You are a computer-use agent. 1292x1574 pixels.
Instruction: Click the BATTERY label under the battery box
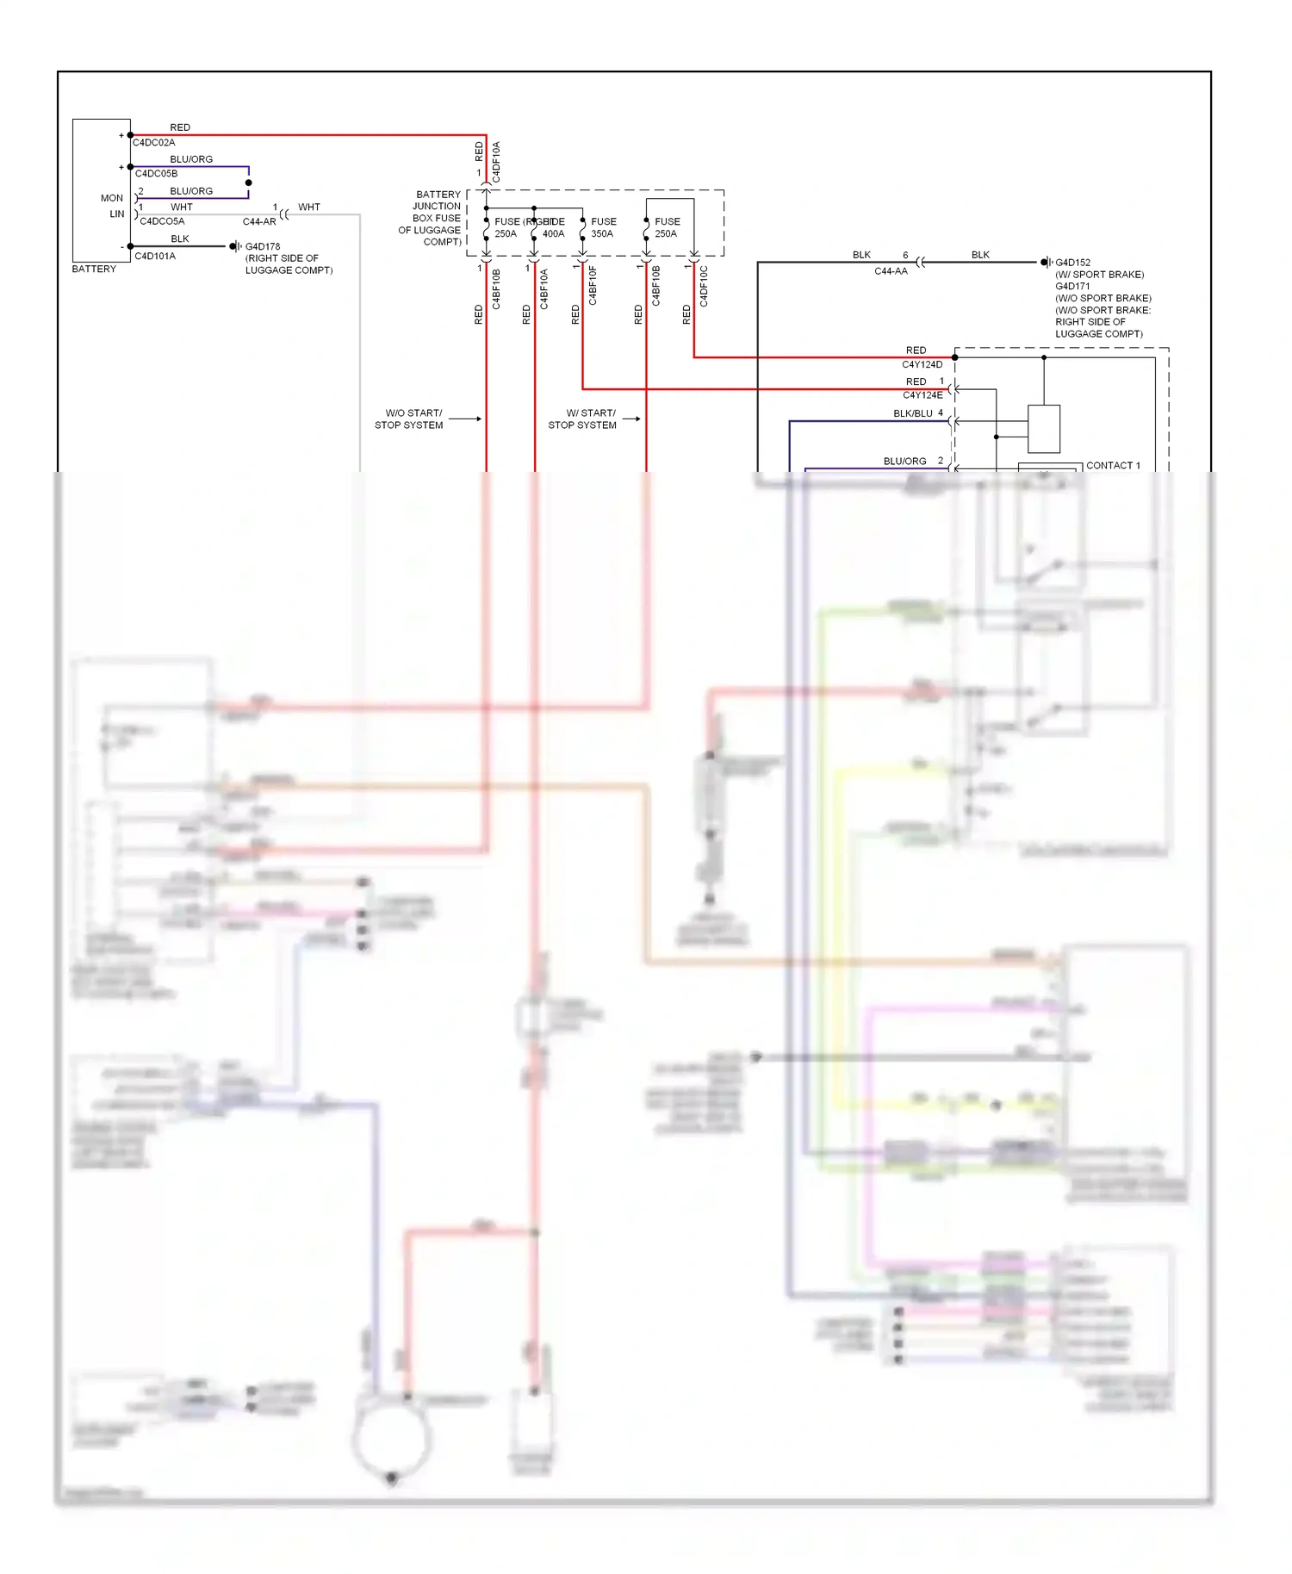[94, 270]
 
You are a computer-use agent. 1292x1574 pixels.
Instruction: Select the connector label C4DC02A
[153, 143]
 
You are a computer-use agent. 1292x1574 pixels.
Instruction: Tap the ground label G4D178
[263, 246]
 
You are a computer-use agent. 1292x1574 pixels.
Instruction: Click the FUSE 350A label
[603, 227]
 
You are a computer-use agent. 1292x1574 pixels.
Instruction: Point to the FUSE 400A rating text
[553, 234]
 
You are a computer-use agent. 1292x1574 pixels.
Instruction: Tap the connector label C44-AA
[891, 271]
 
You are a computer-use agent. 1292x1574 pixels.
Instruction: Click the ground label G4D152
[1073, 263]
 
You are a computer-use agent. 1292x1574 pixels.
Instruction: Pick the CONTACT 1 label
[1113, 466]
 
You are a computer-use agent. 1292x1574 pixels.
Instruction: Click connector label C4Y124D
[922, 365]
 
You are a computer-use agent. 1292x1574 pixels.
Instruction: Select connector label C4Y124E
[922, 395]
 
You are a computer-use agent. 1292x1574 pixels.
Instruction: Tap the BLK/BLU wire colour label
[912, 414]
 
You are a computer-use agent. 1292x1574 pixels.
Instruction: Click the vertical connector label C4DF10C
[704, 287]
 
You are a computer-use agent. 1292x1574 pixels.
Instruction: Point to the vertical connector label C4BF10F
[593, 286]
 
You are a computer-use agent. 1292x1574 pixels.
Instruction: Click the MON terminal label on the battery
[112, 198]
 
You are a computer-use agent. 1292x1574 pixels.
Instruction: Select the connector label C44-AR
[259, 222]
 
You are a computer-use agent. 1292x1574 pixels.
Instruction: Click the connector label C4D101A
[155, 257]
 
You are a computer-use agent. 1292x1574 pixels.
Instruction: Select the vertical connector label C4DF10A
[496, 161]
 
